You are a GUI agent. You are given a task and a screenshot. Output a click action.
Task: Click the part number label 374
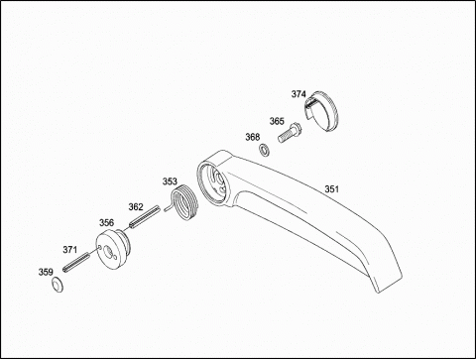[298, 94]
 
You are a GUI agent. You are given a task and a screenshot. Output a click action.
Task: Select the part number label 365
[277, 121]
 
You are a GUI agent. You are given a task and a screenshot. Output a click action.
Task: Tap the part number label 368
[253, 137]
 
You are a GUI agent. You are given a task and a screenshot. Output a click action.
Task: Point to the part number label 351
[332, 189]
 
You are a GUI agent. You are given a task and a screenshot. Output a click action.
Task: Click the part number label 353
[170, 181]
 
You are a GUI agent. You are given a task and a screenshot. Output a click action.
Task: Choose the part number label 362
[136, 207]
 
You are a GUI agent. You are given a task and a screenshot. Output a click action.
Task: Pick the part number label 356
[107, 223]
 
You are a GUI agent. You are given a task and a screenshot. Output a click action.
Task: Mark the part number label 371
[70, 250]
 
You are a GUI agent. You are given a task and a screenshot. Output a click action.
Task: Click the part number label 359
[46, 272]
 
